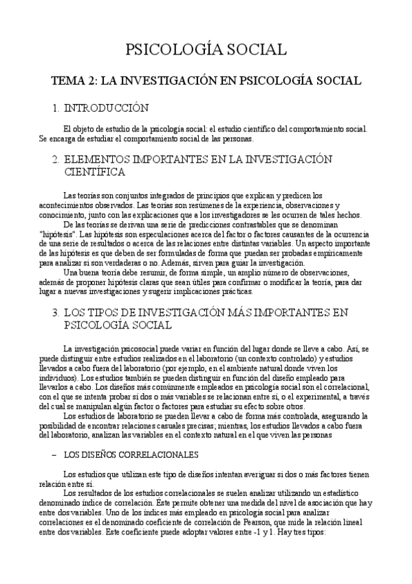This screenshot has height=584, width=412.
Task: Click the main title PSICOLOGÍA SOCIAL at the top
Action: pyautogui.click(x=206, y=50)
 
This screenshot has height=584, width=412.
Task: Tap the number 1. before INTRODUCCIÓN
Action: pyautogui.click(x=56, y=108)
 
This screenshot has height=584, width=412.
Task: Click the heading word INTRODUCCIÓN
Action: pyautogui.click(x=106, y=108)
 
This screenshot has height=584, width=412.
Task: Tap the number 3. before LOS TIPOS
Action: pyautogui.click(x=56, y=313)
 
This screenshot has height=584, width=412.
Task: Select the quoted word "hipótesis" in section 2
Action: pyautogui.click(x=56, y=235)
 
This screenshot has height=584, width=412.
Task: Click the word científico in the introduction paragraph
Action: pyautogui.click(x=233, y=129)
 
